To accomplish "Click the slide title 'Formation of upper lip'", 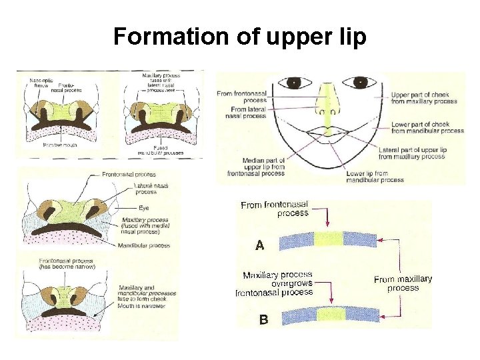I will (x=240, y=37).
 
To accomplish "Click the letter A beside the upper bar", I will (x=260, y=245).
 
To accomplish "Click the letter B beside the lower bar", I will (x=263, y=319).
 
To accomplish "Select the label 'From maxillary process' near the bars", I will (x=403, y=283).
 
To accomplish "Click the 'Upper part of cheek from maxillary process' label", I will (x=424, y=98).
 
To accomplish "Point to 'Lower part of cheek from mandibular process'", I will (x=427, y=127).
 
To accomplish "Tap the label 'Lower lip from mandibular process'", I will (x=375, y=177).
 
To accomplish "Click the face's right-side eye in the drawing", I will (x=361, y=83).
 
